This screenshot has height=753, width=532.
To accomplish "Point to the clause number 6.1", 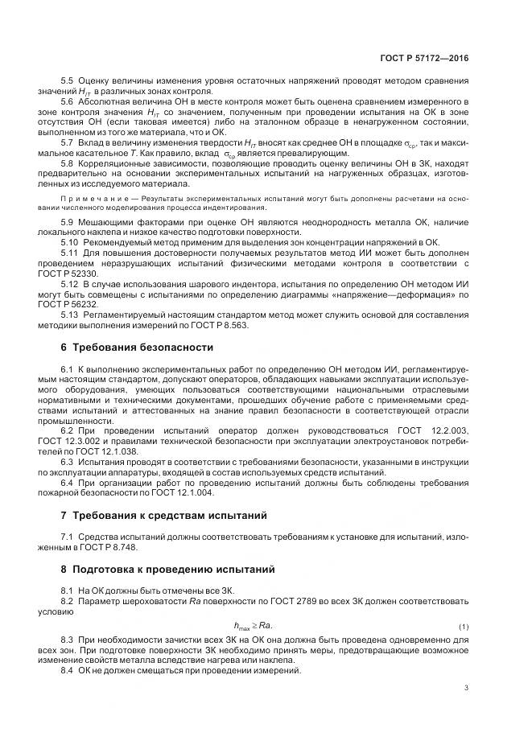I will (68, 368).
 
